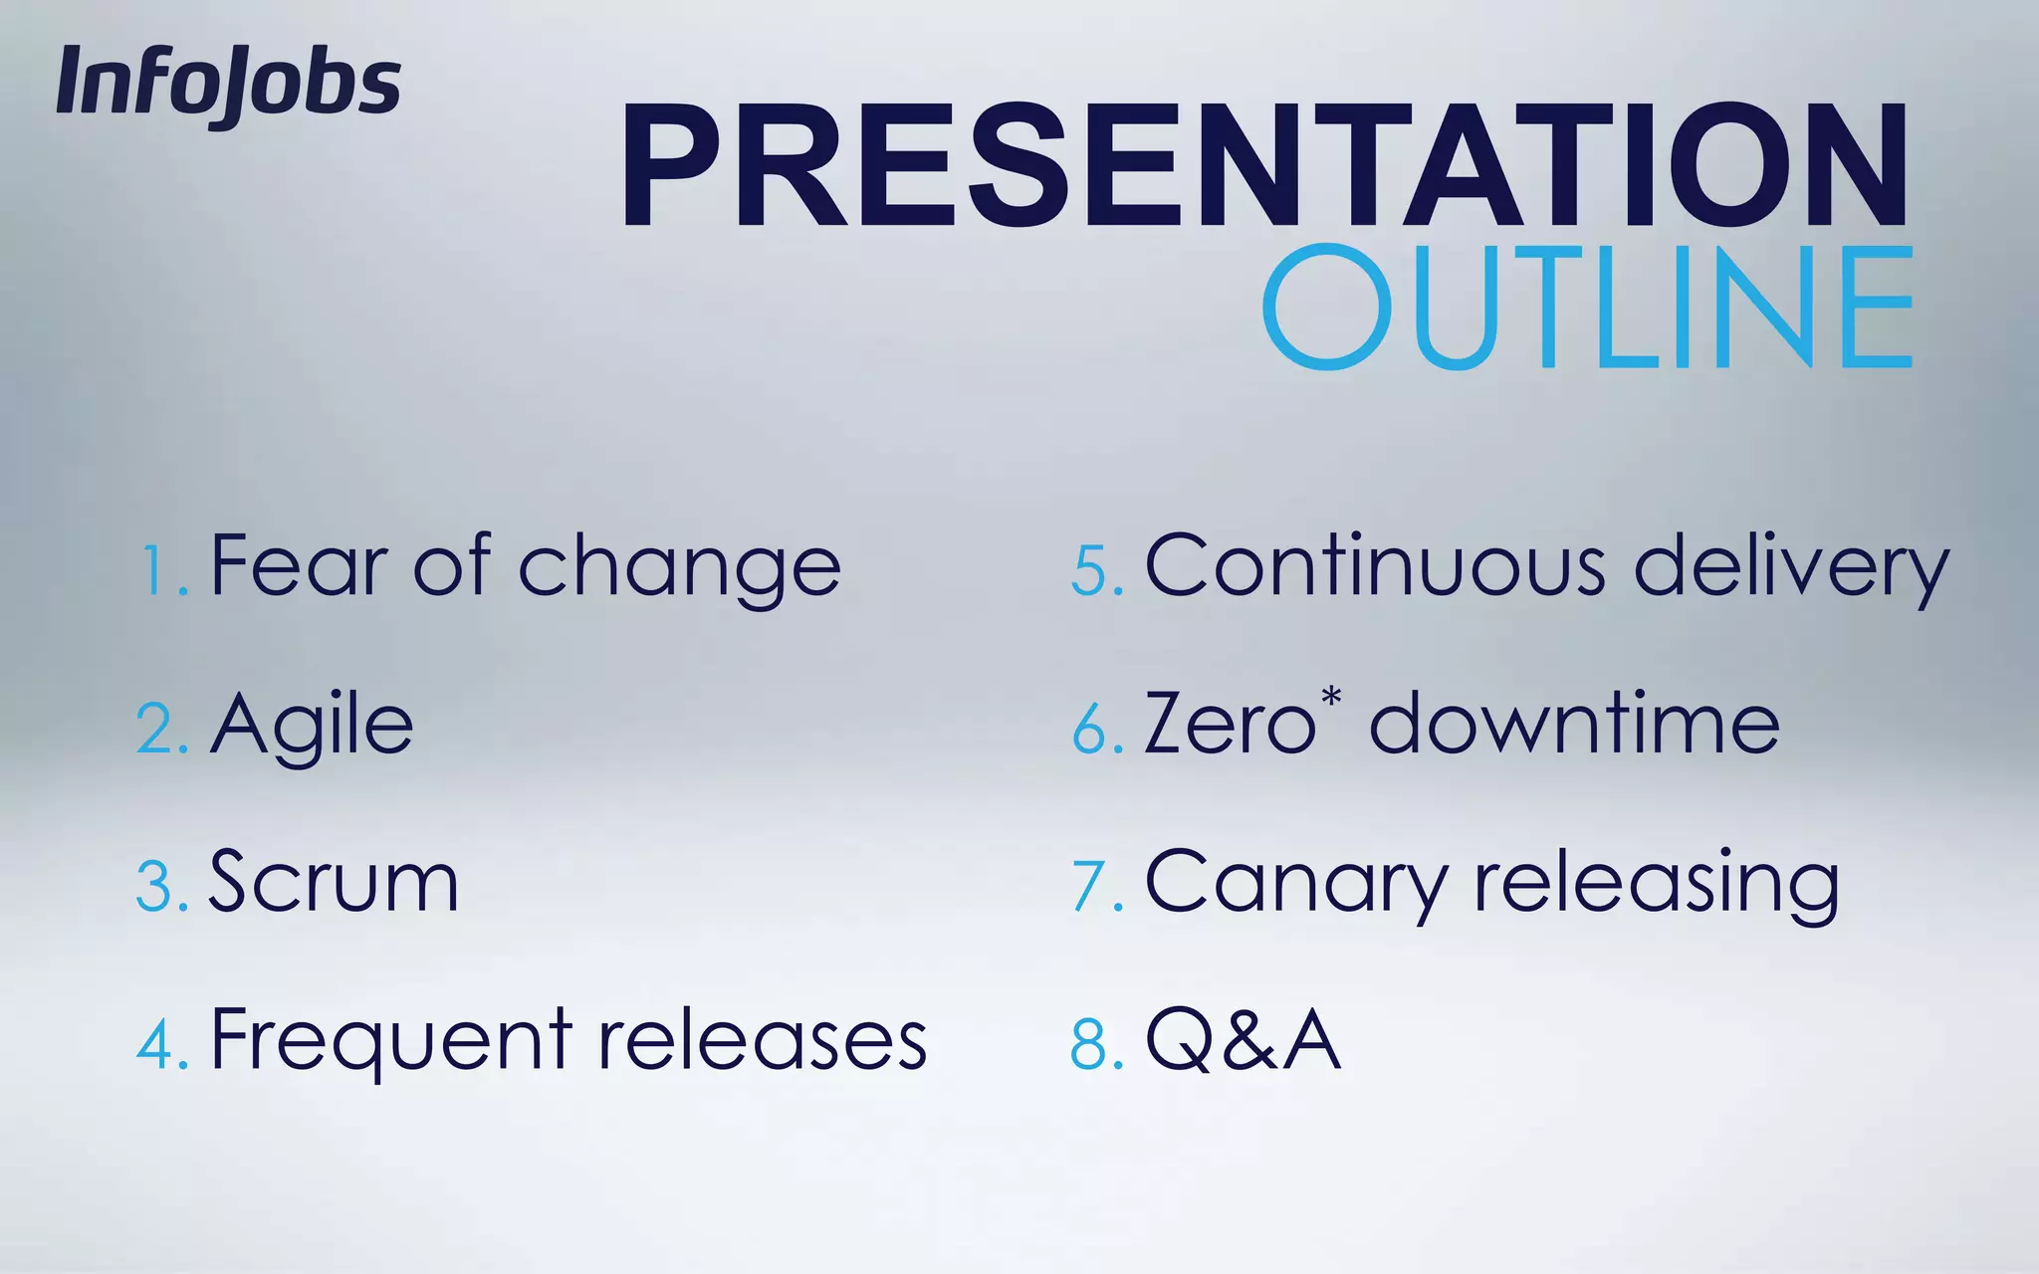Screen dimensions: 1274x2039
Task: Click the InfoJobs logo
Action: pyautogui.click(x=228, y=84)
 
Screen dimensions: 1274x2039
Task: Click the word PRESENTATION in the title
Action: pyautogui.click(x=1264, y=167)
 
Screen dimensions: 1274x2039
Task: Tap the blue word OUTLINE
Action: pyautogui.click(x=1588, y=307)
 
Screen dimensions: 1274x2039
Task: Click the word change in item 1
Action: pyautogui.click(x=679, y=569)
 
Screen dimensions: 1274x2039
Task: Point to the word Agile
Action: pyautogui.click(x=312, y=727)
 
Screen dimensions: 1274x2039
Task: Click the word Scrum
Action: pyautogui.click(x=334, y=882)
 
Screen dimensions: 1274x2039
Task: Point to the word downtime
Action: pyautogui.click(x=1574, y=725)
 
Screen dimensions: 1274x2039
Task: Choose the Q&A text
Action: pyautogui.click(x=1243, y=1041)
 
